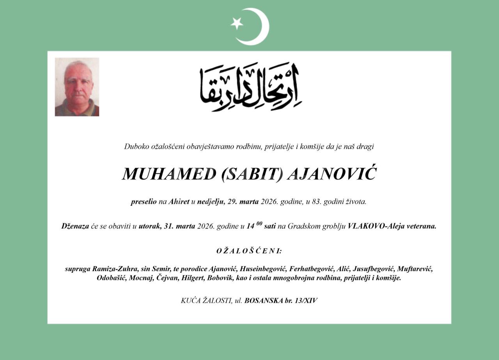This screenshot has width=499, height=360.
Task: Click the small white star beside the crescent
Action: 237,23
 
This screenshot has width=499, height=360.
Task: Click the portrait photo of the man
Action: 77,87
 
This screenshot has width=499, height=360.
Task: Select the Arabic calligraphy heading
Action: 251,87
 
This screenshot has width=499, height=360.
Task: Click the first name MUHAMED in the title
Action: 169,174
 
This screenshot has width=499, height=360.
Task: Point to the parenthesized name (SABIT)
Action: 252,174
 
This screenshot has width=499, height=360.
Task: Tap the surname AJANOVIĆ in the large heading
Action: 332,174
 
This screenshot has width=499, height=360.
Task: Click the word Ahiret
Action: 179,202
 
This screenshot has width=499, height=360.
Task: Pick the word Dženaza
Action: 75,226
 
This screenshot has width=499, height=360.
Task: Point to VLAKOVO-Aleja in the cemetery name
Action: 375,226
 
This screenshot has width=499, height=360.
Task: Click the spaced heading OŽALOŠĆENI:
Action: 249,251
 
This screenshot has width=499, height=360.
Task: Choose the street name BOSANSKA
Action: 264,301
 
